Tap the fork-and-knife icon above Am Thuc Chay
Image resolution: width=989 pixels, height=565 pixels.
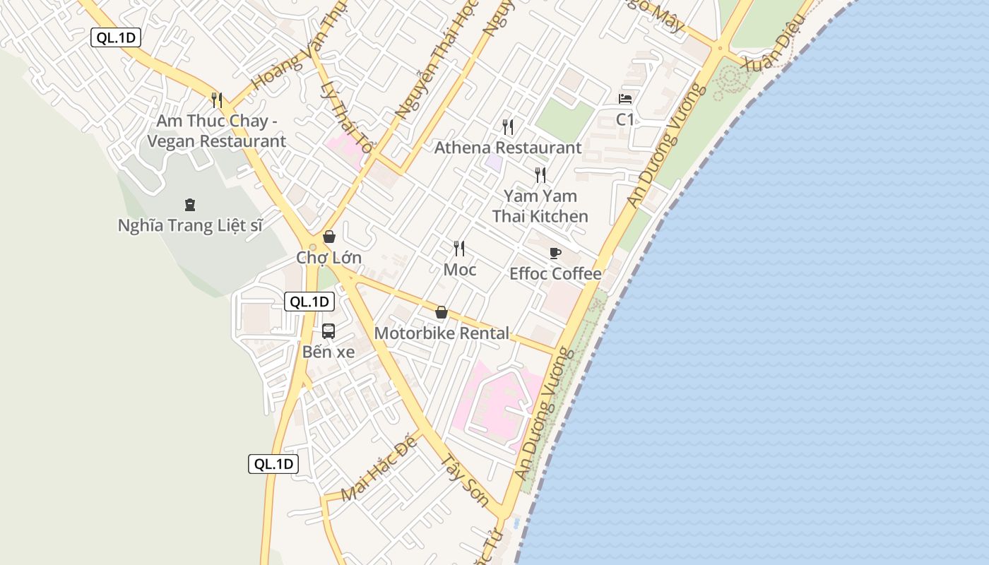pyautogui.click(x=217, y=100)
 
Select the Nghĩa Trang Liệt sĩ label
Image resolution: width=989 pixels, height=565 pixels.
pyautogui.click(x=190, y=226)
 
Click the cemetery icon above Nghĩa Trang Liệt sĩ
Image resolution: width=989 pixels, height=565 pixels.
pyautogui.click(x=189, y=205)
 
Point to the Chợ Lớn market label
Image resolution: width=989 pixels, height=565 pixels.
pyautogui.click(x=328, y=258)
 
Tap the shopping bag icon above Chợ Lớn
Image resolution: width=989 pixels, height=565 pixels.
pyautogui.click(x=328, y=237)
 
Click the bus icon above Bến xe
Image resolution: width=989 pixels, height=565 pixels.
pyautogui.click(x=328, y=331)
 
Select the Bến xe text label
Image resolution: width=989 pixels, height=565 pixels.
pyautogui.click(x=328, y=352)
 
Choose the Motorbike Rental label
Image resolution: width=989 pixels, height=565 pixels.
pyautogui.click(x=442, y=333)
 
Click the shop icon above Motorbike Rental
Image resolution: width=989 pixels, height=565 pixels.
pyautogui.click(x=442, y=312)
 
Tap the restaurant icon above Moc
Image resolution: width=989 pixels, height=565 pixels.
pyautogui.click(x=459, y=248)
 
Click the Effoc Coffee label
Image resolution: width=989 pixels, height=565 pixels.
pyautogui.click(x=555, y=274)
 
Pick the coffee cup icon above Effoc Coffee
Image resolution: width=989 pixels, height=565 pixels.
pyautogui.click(x=555, y=253)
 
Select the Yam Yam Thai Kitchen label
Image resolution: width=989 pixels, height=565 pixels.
pyautogui.click(x=540, y=206)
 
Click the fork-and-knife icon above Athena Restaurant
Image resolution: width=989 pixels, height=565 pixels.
pyautogui.click(x=508, y=126)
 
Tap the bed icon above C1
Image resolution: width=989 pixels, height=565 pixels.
pyautogui.click(x=625, y=98)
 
